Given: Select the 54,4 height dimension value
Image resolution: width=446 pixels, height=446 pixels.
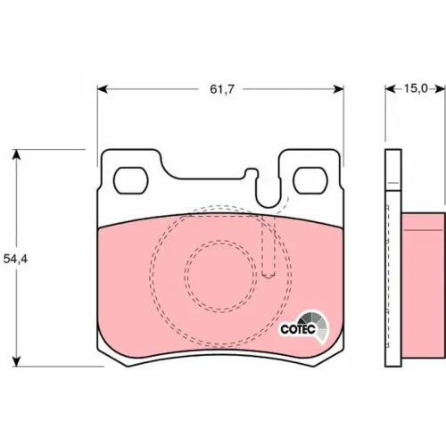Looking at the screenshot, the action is click(15, 259).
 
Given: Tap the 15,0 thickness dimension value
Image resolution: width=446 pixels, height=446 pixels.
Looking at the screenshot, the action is click(416, 88).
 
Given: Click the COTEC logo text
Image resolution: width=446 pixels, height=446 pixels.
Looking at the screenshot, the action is click(298, 329).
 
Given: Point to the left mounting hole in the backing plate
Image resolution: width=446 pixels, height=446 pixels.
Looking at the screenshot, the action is click(131, 180).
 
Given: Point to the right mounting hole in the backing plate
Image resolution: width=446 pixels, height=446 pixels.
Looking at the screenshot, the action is click(310, 180).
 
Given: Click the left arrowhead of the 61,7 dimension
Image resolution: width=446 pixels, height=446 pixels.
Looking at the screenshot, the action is click(102, 89).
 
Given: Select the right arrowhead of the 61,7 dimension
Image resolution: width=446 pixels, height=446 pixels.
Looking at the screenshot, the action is click(339, 89).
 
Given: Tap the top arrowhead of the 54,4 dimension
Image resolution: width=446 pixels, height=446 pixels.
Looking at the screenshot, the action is click(17, 154).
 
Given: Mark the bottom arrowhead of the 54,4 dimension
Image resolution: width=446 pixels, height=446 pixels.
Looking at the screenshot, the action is click(17, 361).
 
